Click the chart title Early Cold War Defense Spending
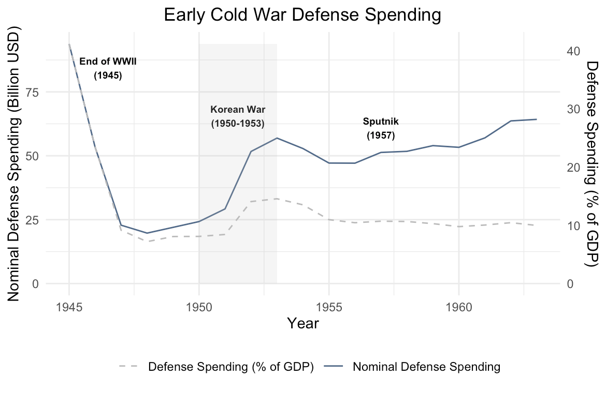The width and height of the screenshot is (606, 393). pyautogui.click(x=302, y=15)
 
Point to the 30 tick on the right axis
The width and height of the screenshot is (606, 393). pyautogui.click(x=573, y=109)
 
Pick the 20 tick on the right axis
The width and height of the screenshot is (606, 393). pyautogui.click(x=573, y=167)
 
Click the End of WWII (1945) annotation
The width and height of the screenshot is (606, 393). pyautogui.click(x=108, y=68)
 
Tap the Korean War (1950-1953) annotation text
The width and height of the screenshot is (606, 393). pyautogui.click(x=238, y=117)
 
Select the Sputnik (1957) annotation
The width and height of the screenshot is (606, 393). pyautogui.click(x=381, y=129)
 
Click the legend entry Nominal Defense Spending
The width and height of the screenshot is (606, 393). pyautogui.click(x=426, y=367)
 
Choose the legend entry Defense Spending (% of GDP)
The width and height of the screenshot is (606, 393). pyautogui.click(x=230, y=367)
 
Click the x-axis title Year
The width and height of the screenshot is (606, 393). pyautogui.click(x=303, y=324)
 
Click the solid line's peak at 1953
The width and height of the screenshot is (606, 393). pyautogui.click(x=277, y=138)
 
